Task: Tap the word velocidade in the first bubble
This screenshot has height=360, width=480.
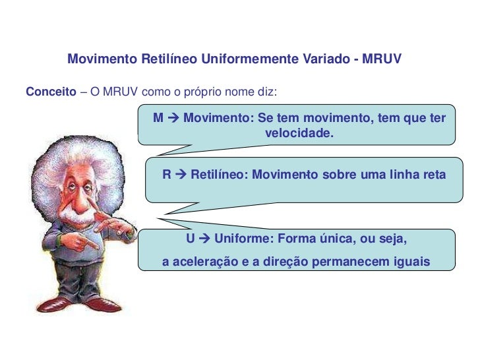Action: [x=299, y=134]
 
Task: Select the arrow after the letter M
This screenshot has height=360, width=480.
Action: [x=172, y=119]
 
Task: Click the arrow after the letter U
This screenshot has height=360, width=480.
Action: [x=203, y=238]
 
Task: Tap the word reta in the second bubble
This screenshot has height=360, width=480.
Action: [x=434, y=175]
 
